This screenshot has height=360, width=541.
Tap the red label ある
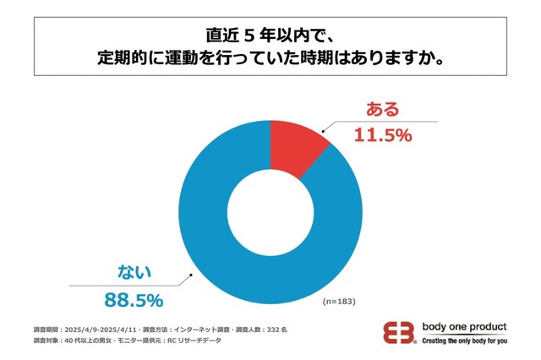coord(381,109)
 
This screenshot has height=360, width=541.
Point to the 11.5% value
coord(381,134)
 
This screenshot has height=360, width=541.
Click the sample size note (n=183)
coord(342,301)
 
